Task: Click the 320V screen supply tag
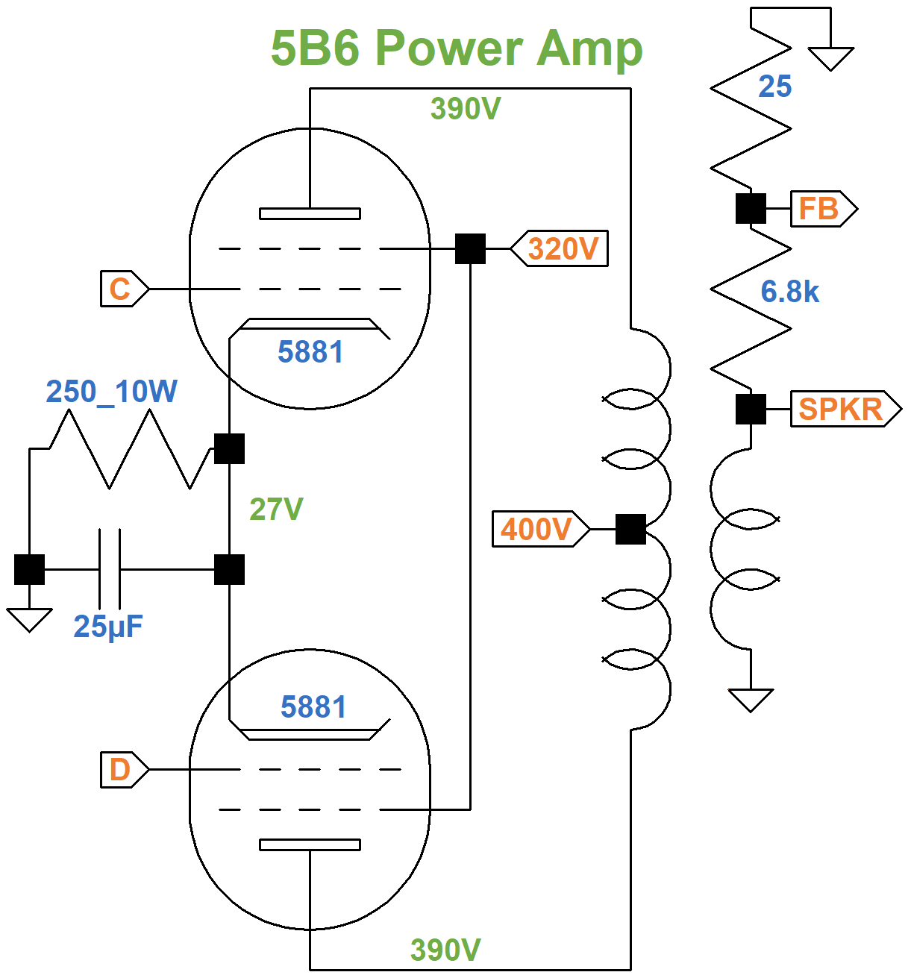coord(562,248)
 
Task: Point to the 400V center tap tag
coord(537,529)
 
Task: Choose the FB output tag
coord(821,209)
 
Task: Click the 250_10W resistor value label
coord(112,392)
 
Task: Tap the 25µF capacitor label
coord(108,627)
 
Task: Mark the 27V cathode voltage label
coord(276,510)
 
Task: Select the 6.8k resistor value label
coord(789,292)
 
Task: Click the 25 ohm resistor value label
coord(774,87)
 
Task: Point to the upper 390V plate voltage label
coord(466,109)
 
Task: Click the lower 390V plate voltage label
coord(445,950)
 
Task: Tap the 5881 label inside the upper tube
coord(310,352)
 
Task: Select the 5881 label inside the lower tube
coord(313,707)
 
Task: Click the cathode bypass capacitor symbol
coord(109,569)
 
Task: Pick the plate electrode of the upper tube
coord(310,213)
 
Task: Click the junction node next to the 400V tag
coord(630,529)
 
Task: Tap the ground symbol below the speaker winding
coord(751,700)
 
